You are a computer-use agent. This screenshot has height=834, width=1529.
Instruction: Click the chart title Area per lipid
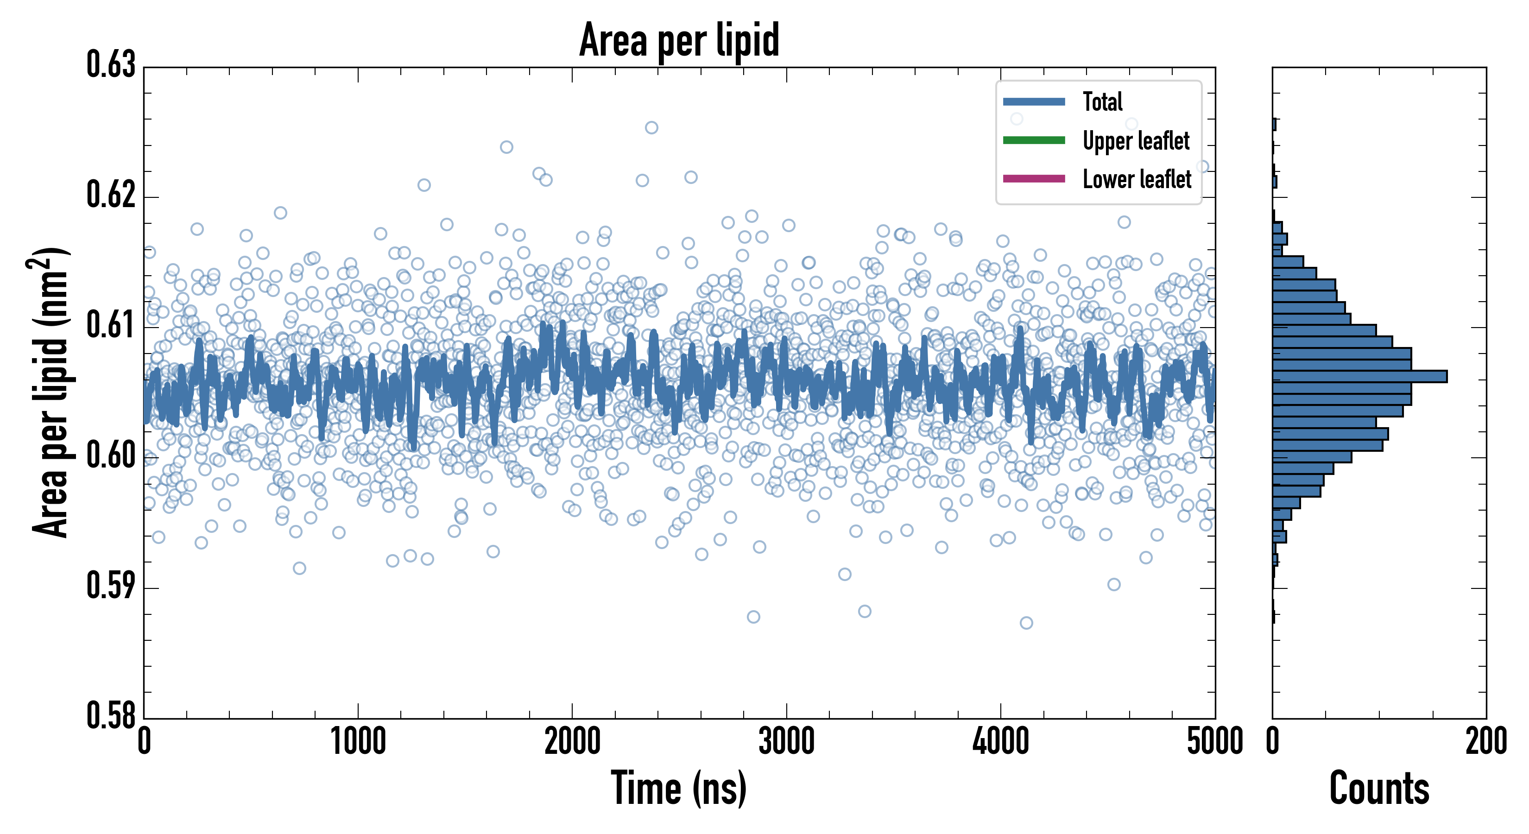click(679, 40)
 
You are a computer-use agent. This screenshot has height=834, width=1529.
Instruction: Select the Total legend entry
click(1102, 101)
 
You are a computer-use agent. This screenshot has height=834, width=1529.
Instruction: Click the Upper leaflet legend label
click(1136, 141)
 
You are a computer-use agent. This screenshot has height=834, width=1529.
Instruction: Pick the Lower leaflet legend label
click(1137, 179)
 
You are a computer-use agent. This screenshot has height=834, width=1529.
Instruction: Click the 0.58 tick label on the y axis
click(111, 715)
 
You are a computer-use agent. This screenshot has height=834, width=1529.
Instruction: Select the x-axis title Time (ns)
click(679, 788)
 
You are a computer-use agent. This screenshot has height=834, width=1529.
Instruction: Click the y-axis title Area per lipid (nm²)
click(51, 392)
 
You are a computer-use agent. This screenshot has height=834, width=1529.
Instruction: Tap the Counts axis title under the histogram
click(1379, 788)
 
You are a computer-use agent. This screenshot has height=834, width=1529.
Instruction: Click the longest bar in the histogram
click(1359, 376)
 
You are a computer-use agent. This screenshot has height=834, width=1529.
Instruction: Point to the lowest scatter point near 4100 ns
click(1026, 623)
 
